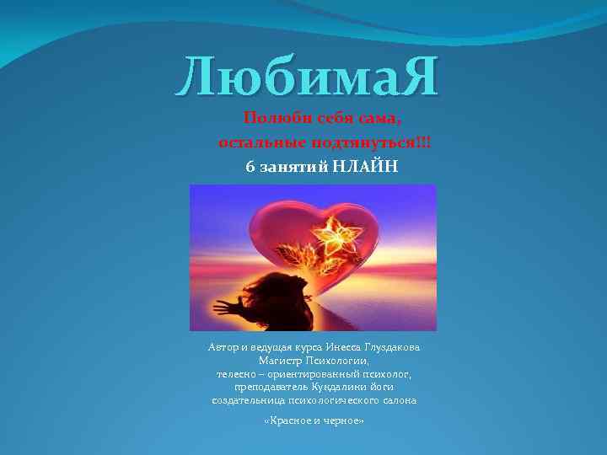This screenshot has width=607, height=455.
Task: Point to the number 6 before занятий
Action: click(250, 167)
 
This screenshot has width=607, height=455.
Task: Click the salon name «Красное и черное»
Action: click(314, 419)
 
